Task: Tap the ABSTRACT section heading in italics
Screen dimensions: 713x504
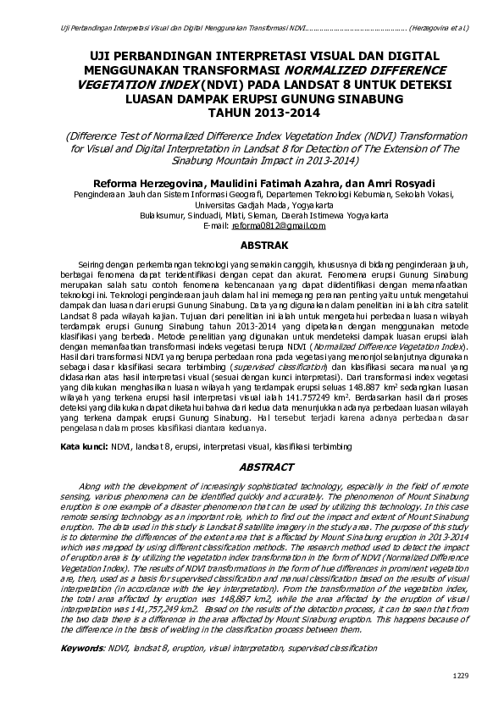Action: (266, 467)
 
